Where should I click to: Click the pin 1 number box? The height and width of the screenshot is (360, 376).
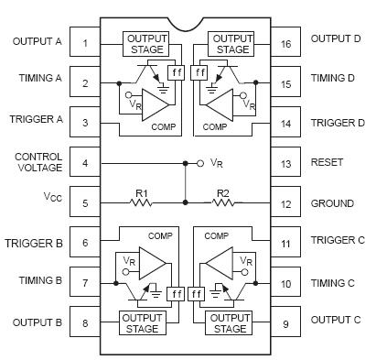point(84,42)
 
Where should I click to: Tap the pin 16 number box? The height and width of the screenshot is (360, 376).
point(287,42)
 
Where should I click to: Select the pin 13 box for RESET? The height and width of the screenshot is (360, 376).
point(287,163)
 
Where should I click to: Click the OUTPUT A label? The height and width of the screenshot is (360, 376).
point(37,41)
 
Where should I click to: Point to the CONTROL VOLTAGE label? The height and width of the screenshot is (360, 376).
point(38,163)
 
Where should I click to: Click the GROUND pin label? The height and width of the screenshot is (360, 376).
point(332,203)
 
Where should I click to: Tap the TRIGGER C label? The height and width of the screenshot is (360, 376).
point(337,243)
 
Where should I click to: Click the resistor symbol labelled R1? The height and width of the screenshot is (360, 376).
point(141,203)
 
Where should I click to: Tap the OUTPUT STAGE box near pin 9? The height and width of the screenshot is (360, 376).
point(228,322)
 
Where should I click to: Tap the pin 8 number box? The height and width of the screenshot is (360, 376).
point(84,322)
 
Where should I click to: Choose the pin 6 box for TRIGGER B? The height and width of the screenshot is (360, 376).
point(84,244)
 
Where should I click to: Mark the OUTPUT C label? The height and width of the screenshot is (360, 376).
point(335,320)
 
